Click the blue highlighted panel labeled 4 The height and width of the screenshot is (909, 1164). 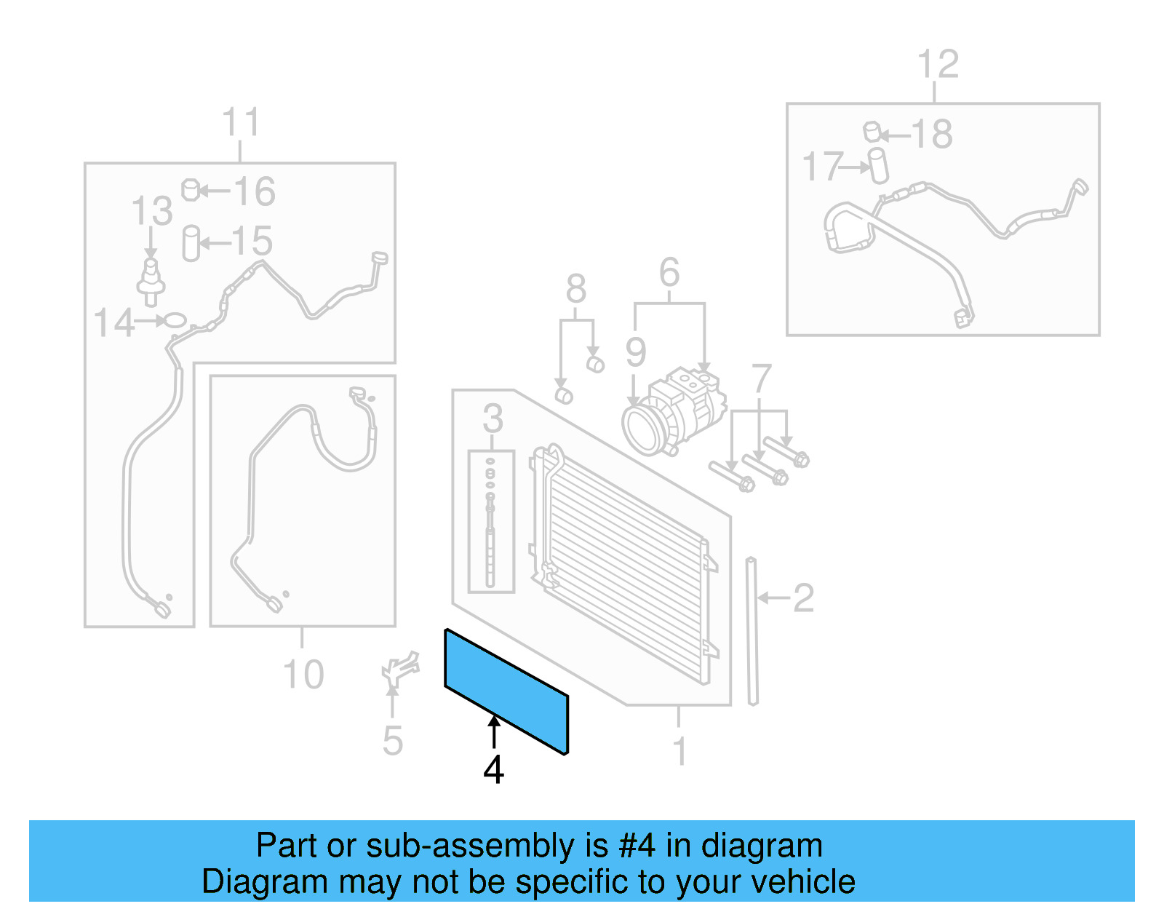pyautogui.click(x=506, y=691)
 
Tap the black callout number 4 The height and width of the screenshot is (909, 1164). pyautogui.click(x=493, y=770)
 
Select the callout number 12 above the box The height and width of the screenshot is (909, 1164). pyautogui.click(x=938, y=65)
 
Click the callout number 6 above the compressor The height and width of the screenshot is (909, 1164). pyautogui.click(x=669, y=273)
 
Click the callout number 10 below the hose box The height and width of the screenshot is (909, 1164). pyautogui.click(x=303, y=675)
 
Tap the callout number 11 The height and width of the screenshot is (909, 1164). pyautogui.click(x=240, y=122)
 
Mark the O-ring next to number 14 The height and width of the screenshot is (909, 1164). pyautogui.click(x=175, y=319)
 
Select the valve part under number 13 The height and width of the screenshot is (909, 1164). pyautogui.click(x=151, y=280)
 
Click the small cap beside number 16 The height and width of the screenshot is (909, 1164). pyautogui.click(x=190, y=190)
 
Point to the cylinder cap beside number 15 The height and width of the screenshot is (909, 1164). pyautogui.click(x=191, y=243)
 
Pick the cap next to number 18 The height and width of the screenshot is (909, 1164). pyautogui.click(x=872, y=132)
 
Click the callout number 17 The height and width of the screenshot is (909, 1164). pyautogui.click(x=822, y=167)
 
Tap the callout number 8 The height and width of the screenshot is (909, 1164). pyautogui.click(x=576, y=290)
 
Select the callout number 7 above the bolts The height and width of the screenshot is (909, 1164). pyautogui.click(x=761, y=378)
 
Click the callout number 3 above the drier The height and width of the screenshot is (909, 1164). pyautogui.click(x=493, y=418)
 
